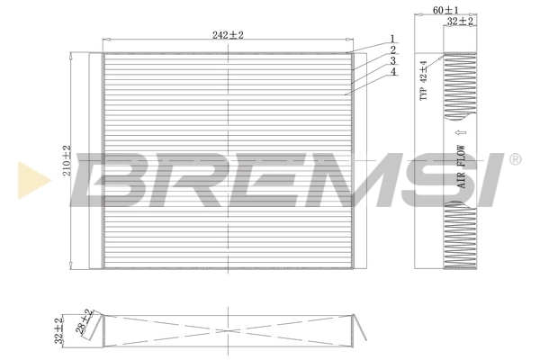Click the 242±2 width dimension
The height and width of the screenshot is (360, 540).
[229, 34]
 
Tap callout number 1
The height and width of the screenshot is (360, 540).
[393, 38]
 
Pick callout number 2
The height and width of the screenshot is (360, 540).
[393, 49]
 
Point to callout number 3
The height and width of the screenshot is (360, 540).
[393, 60]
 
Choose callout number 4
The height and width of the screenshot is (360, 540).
[393, 71]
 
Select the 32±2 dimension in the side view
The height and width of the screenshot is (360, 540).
[462, 20]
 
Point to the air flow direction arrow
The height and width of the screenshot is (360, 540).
[459, 129]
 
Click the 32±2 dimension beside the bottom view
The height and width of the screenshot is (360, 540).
[58, 331]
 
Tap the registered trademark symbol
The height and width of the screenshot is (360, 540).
[515, 159]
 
